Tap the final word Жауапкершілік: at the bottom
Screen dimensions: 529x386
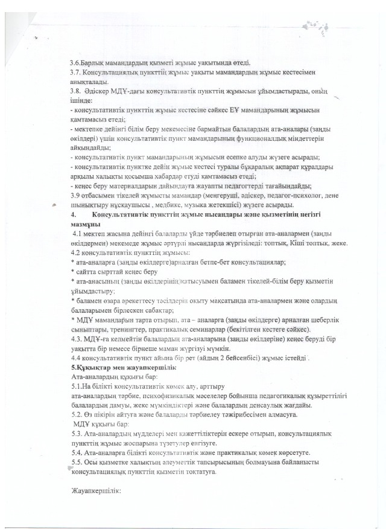(96, 491)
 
